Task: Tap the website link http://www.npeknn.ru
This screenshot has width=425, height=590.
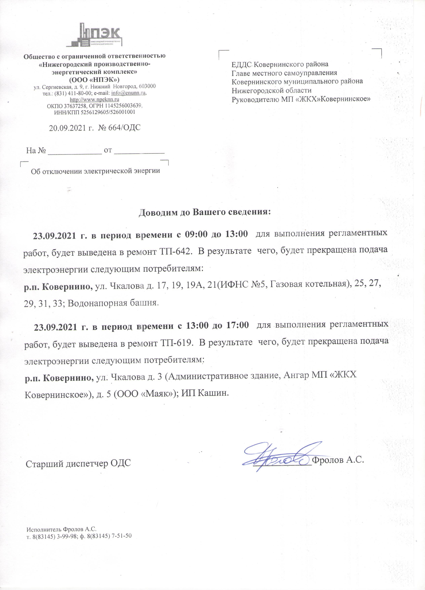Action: [x=95, y=99]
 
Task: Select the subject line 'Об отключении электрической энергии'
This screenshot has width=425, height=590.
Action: [x=95, y=171]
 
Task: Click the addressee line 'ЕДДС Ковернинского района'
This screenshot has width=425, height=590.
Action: [x=280, y=64]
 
